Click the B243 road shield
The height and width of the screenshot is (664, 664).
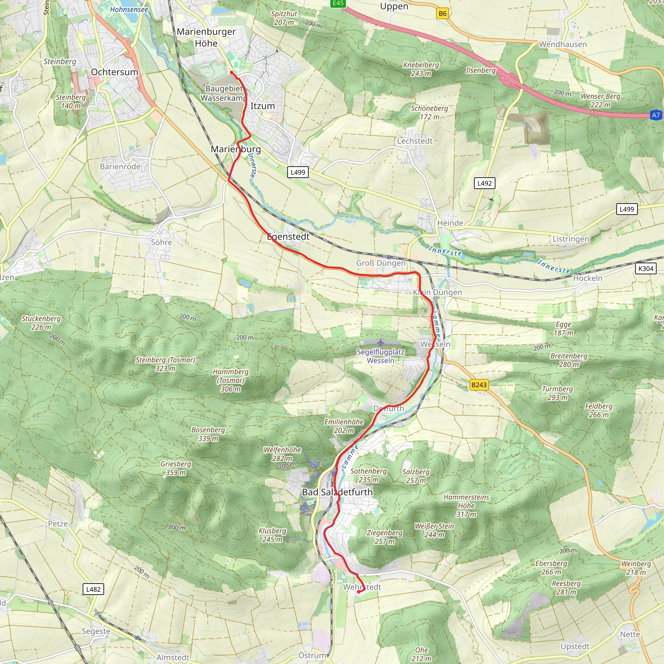(479, 385)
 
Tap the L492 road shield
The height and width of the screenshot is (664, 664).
(484, 183)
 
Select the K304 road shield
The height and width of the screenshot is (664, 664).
(646, 268)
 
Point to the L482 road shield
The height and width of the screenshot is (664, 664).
(93, 589)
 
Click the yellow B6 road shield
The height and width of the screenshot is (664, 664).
(442, 13)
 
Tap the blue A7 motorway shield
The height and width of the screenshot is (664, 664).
(656, 115)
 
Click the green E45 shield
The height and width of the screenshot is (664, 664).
(338, 3)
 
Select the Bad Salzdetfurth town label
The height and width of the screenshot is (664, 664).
(337, 492)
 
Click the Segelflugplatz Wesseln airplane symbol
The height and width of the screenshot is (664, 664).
(380, 342)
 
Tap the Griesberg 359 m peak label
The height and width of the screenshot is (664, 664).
(176, 468)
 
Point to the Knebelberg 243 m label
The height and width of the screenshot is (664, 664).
(421, 69)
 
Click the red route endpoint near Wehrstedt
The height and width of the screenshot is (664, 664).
(358, 592)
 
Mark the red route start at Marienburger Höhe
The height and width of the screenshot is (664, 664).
(231, 73)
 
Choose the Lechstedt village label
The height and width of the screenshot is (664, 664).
(414, 141)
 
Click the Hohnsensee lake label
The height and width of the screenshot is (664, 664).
(129, 10)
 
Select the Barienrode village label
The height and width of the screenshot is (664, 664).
(120, 166)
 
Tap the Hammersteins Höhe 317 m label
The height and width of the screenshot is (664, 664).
(466, 505)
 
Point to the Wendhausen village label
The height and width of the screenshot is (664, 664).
(563, 44)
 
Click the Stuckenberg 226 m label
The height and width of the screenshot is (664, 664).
(41, 323)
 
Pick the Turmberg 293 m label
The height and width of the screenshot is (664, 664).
(557, 393)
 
